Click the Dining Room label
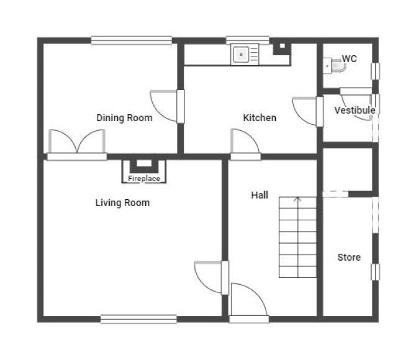(x=124, y=118)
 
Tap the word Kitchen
(x=260, y=118)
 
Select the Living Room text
(x=122, y=203)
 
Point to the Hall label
(x=260, y=196)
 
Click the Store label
(x=349, y=257)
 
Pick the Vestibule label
(x=355, y=110)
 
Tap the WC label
(x=349, y=58)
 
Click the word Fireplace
(x=144, y=179)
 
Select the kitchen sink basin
(x=241, y=55)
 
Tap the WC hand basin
(x=327, y=66)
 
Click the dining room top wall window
(x=132, y=40)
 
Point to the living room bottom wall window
(x=138, y=319)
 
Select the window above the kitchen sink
(x=248, y=40)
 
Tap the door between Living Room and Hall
(x=212, y=278)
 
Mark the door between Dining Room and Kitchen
(x=167, y=106)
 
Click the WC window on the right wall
(x=375, y=71)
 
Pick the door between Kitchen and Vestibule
(x=308, y=112)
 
